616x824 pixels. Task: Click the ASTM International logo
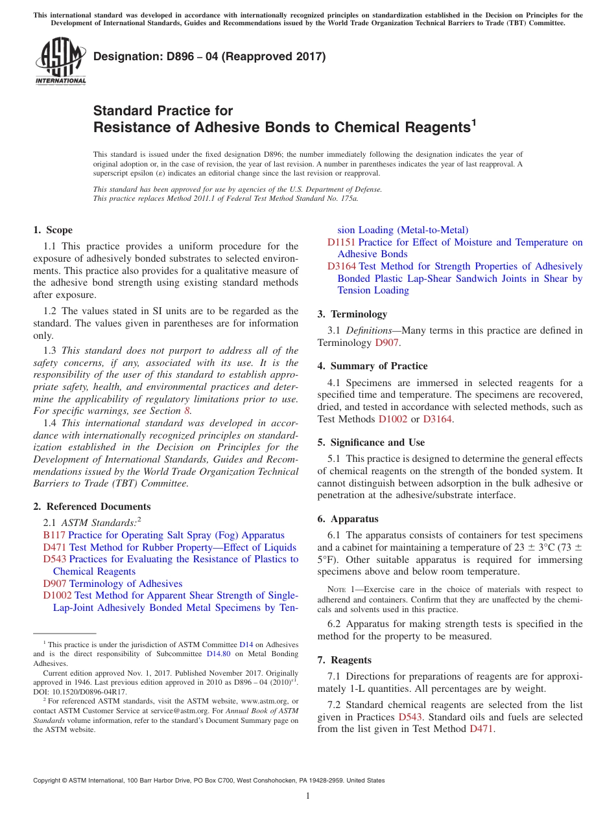click(x=60, y=62)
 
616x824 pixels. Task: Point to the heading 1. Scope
click(x=53, y=230)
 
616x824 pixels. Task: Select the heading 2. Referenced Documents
click(x=91, y=507)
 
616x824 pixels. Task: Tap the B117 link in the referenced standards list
click(x=54, y=535)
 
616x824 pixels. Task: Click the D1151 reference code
click(x=341, y=242)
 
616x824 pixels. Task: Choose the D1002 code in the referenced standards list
click(x=57, y=595)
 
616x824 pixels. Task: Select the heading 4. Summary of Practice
click(x=372, y=366)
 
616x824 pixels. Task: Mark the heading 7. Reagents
click(x=344, y=660)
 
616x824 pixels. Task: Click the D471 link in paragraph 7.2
click(x=481, y=729)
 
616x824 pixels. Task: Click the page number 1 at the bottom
click(x=308, y=795)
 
